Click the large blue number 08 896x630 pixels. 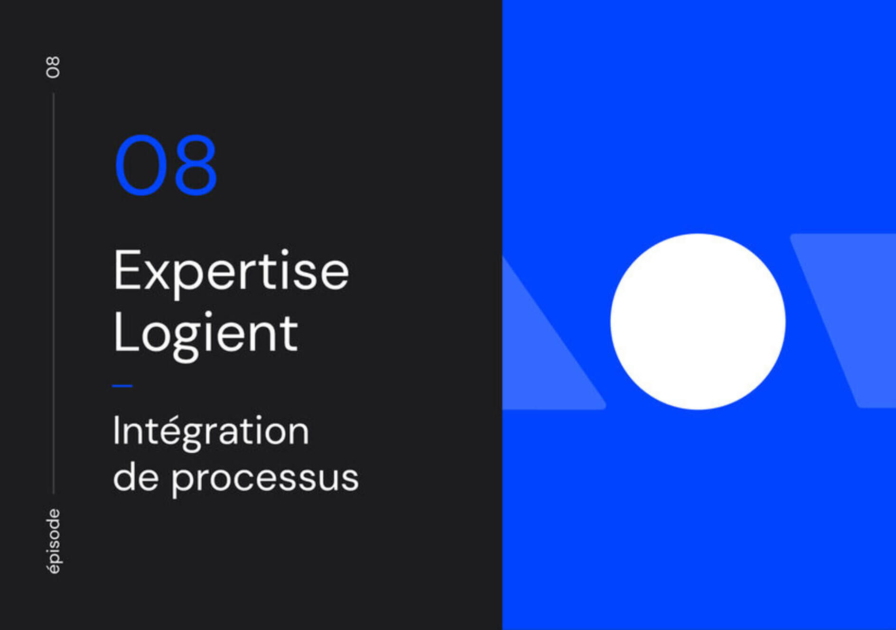166,165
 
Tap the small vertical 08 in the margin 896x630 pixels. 53,67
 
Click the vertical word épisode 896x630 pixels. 54,541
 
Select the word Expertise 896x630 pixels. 231,271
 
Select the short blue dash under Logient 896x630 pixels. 122,386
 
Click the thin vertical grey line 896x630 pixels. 53,293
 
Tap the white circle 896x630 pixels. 698,321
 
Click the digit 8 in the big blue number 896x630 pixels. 196,165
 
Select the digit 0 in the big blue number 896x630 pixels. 140,165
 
